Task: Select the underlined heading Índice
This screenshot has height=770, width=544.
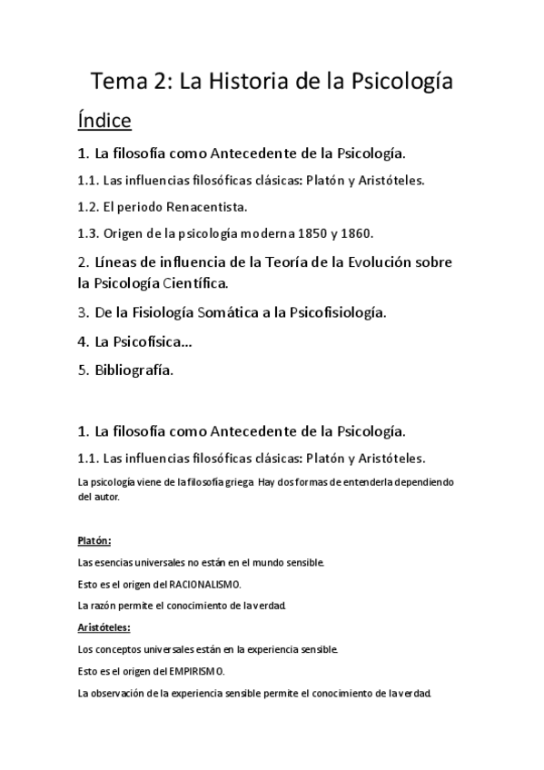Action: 104,120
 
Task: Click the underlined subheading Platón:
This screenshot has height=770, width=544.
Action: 94,540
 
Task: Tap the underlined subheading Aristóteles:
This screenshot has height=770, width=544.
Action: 104,627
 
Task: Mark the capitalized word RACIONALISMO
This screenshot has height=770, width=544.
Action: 205,584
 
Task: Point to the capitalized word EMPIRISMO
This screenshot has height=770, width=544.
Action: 196,671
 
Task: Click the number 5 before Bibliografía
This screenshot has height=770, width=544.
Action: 82,370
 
